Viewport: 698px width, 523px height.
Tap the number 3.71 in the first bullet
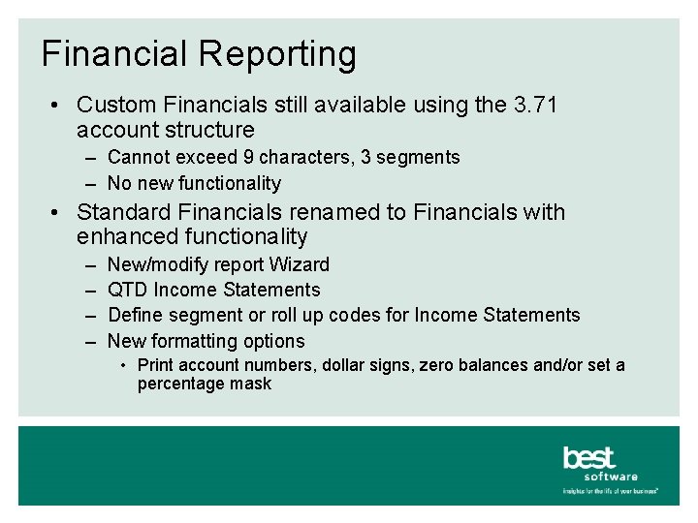point(533,105)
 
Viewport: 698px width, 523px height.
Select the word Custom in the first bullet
point(115,105)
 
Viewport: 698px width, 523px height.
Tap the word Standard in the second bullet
point(121,212)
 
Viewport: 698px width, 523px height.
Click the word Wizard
point(299,264)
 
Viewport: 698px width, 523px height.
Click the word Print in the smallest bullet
point(156,365)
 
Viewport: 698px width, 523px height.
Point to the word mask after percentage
point(251,384)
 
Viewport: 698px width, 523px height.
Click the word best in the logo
point(588,457)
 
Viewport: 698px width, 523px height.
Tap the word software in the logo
point(611,476)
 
